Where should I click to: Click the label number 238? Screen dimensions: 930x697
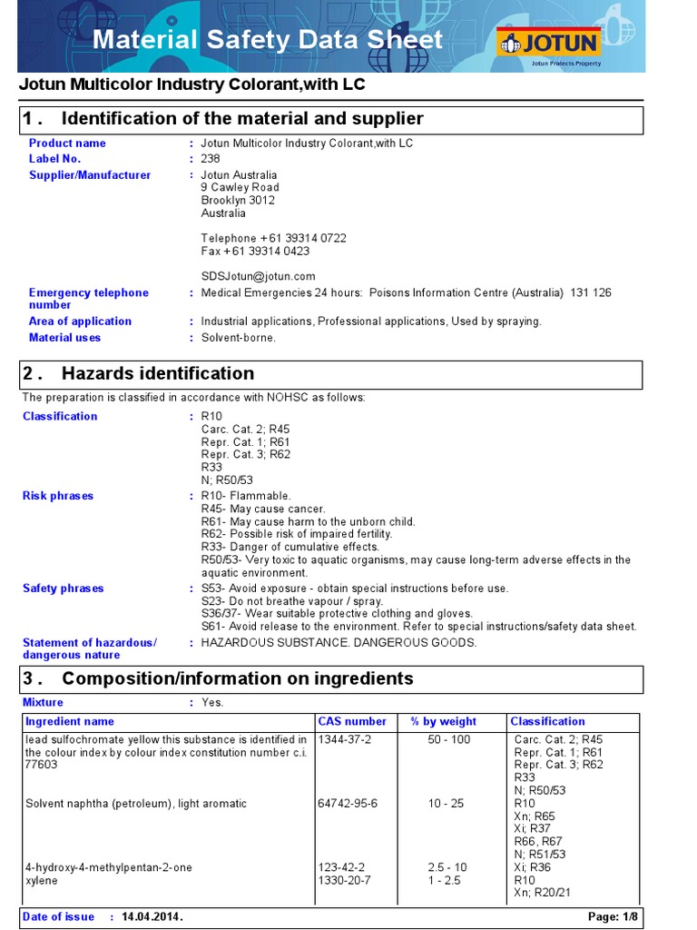click(211, 159)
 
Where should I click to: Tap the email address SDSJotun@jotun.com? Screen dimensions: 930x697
click(258, 276)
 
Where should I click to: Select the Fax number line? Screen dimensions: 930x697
click(255, 251)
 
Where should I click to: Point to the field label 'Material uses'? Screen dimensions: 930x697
click(64, 338)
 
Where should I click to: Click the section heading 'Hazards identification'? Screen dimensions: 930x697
click(158, 373)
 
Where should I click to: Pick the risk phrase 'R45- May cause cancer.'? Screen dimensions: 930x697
click(262, 509)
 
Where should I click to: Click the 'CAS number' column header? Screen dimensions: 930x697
click(352, 722)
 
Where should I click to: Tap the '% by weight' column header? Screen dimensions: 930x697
click(444, 722)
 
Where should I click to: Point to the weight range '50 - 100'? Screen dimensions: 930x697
click(449, 739)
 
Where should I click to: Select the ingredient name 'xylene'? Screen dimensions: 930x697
click(42, 881)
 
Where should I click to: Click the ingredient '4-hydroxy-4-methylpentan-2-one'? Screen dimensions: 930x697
click(109, 867)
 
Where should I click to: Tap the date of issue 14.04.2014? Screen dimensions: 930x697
click(152, 917)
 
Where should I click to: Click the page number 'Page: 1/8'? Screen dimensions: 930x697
click(613, 917)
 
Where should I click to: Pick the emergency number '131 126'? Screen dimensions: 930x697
click(591, 293)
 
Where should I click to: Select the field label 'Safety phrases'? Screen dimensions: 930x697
click(64, 589)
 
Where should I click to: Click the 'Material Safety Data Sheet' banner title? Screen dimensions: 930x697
click(268, 40)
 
